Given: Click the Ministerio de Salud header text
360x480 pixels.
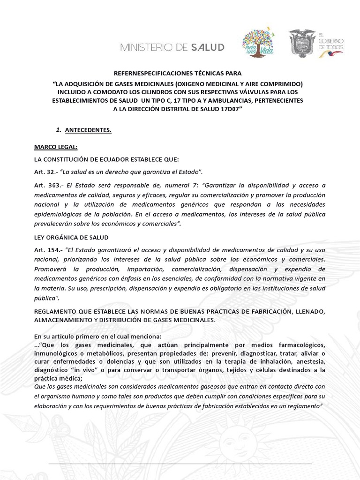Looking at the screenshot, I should click(x=172, y=47).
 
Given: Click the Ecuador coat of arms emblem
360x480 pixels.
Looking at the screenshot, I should click(x=301, y=44).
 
